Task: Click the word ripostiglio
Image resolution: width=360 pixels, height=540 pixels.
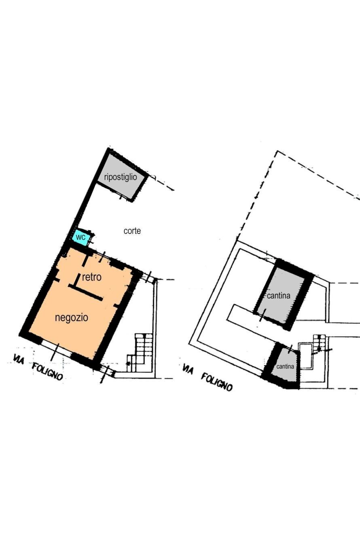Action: click(121, 177)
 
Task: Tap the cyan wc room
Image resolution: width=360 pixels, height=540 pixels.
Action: click(80, 237)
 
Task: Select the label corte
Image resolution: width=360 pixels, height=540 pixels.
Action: click(132, 231)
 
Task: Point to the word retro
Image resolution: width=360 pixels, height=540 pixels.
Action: click(92, 277)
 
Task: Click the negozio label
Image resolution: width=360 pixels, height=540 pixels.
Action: click(72, 318)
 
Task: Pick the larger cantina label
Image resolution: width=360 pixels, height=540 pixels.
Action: click(279, 296)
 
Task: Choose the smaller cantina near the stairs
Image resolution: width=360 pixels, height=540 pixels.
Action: click(285, 366)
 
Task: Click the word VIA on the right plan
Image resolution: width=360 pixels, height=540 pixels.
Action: click(188, 369)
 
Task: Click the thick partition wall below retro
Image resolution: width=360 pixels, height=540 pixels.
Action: click(86, 292)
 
